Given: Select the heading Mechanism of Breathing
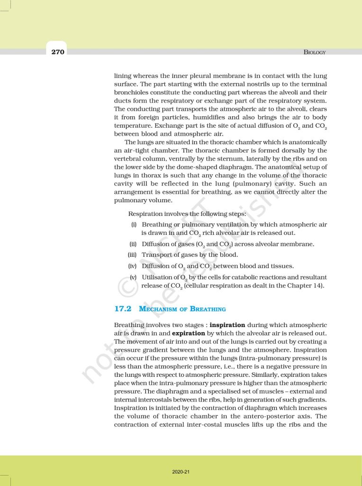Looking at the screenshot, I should pyautogui.click(x=182, y=309).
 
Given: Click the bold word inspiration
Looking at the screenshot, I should pyautogui.click(x=227, y=325).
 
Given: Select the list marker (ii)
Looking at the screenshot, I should pyautogui.click(x=133, y=244).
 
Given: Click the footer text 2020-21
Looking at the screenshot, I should pyautogui.click(x=181, y=472).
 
